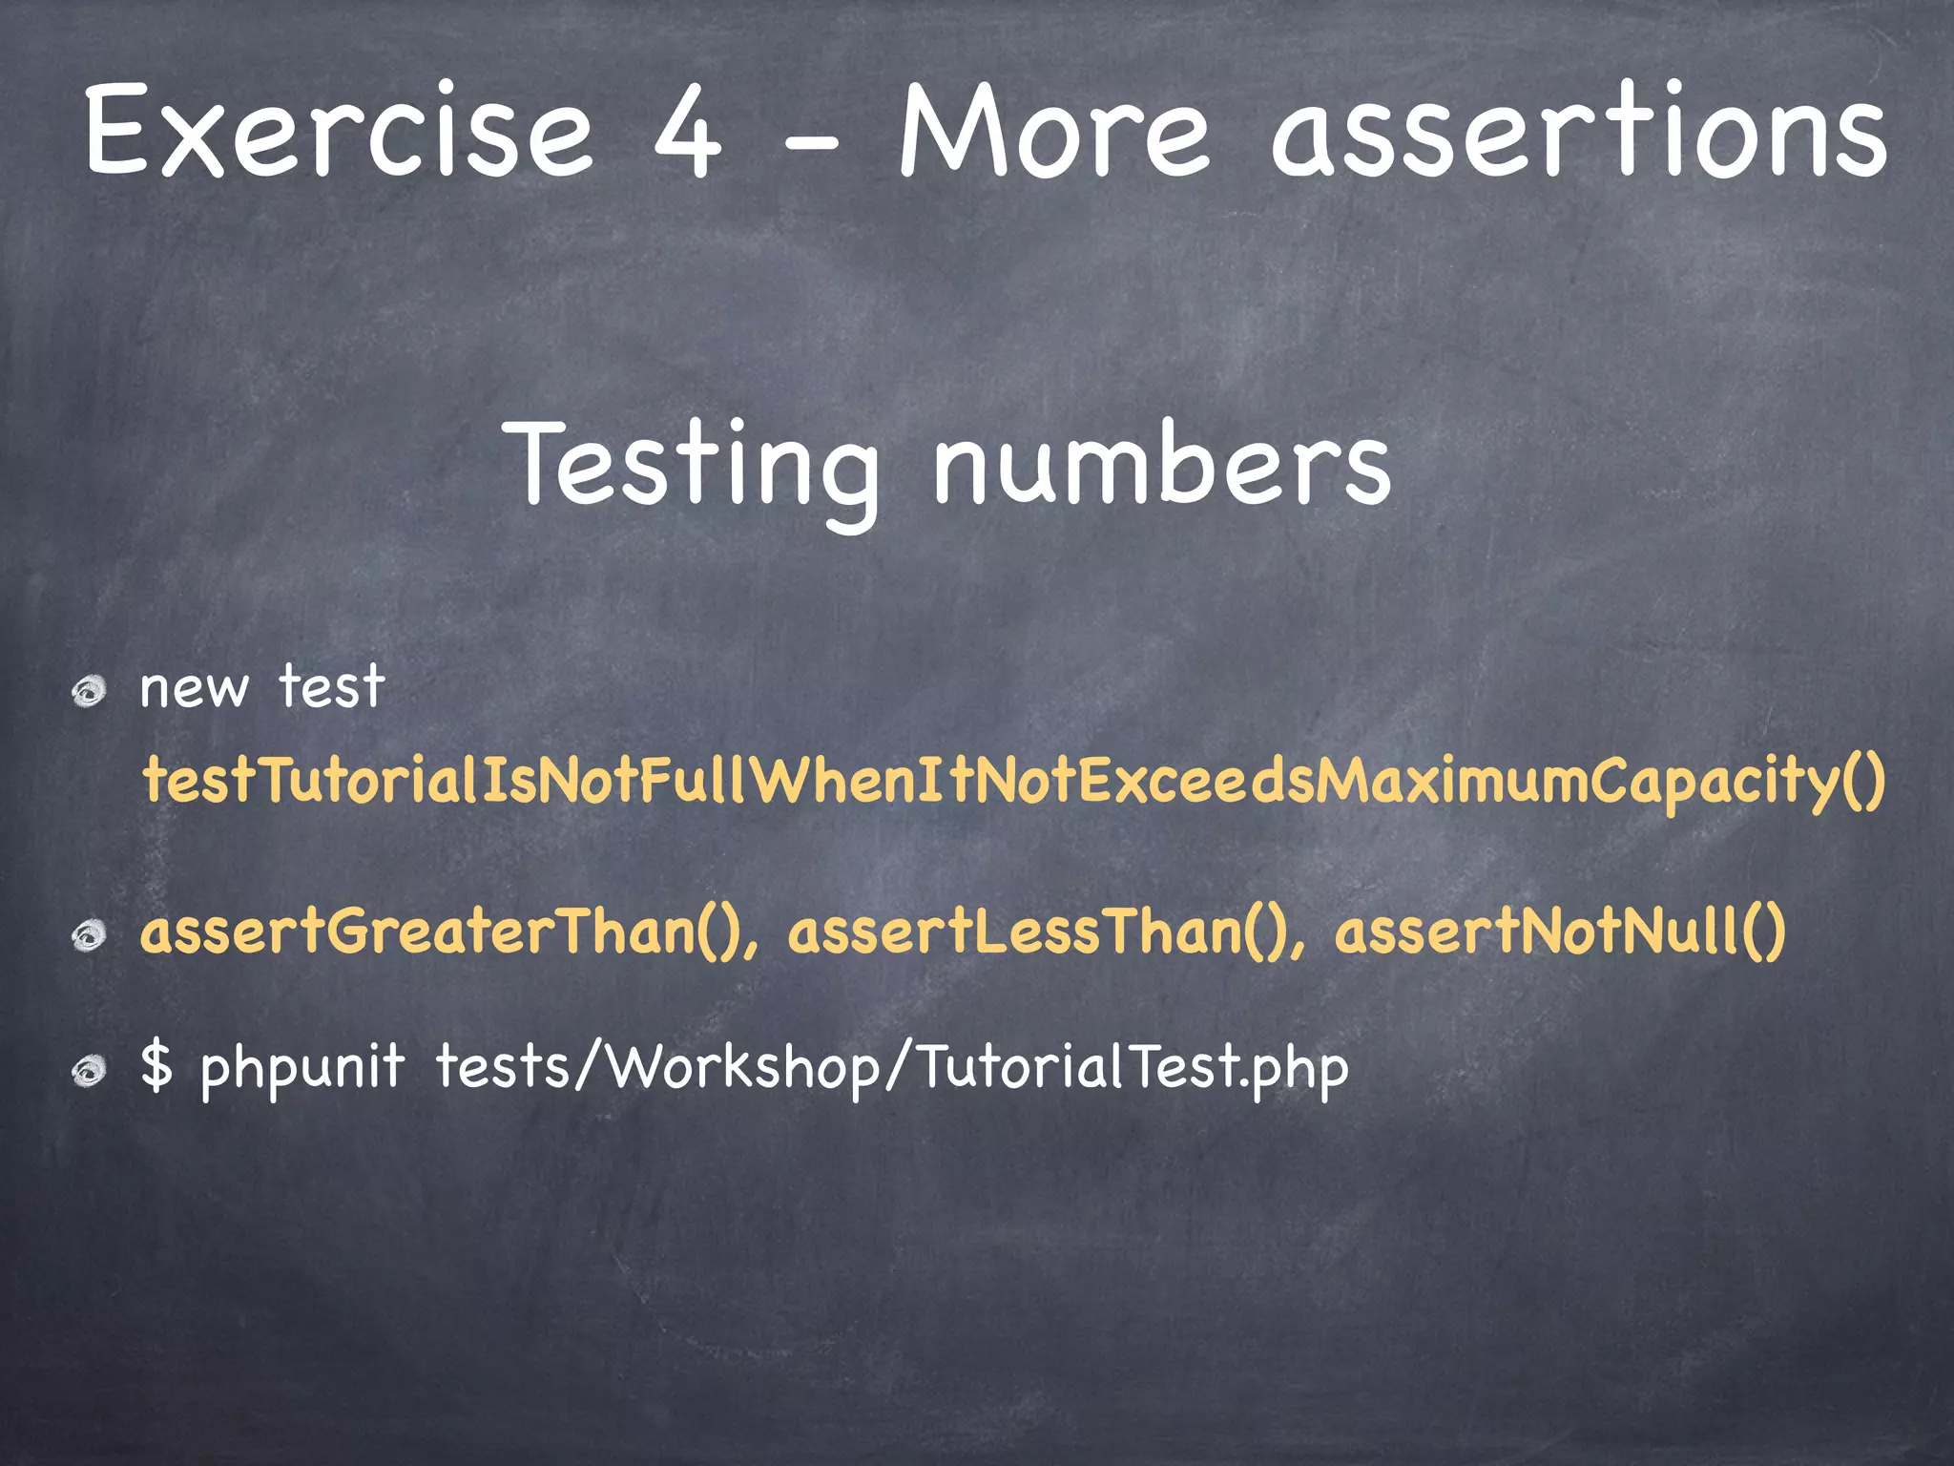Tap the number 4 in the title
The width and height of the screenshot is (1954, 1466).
click(x=687, y=134)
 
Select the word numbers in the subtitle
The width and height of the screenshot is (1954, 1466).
click(x=1161, y=465)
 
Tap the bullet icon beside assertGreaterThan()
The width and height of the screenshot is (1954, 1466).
click(x=90, y=934)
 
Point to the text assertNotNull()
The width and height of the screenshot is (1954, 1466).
click(x=1560, y=932)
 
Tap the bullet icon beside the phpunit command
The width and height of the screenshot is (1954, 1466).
click(x=90, y=1071)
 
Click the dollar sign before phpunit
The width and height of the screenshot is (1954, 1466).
click(x=156, y=1067)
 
